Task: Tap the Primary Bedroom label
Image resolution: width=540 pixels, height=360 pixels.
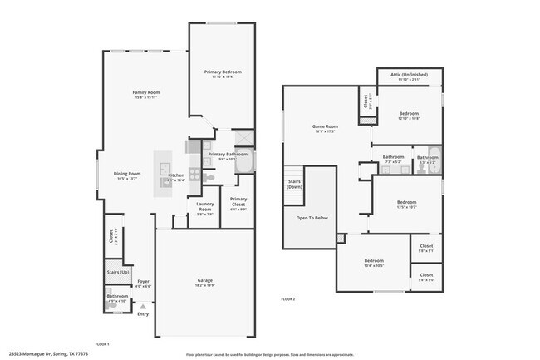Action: point(223,72)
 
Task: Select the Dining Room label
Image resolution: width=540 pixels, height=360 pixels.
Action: point(127,174)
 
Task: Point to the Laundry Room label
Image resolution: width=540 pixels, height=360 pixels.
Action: point(204,209)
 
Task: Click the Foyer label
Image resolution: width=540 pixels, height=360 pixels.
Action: point(144,281)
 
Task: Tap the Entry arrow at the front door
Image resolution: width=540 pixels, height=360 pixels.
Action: point(142,307)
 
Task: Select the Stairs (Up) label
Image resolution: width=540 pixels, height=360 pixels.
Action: point(118,272)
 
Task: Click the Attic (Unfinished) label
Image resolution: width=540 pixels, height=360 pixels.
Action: point(413,75)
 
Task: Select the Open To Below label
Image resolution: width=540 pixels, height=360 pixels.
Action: point(312,218)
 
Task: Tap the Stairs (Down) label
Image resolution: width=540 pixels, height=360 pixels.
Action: point(294,183)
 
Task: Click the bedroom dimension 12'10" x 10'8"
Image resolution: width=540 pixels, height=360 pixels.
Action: point(407,119)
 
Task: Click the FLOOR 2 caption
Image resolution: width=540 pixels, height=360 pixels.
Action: point(288,298)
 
